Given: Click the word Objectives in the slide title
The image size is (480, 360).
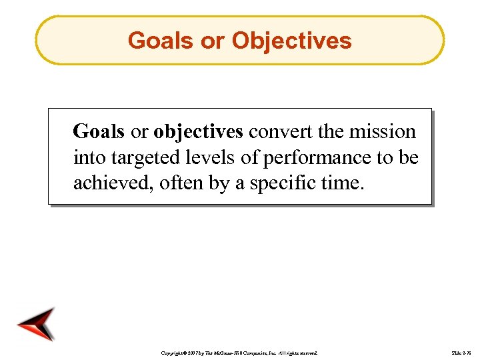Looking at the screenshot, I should click(291, 41).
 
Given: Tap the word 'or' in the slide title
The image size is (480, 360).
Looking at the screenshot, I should click(212, 41).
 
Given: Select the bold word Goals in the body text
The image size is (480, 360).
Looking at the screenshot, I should click(99, 131).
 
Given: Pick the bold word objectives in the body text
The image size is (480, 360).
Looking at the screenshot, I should click(198, 132).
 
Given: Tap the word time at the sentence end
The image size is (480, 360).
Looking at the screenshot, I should click(344, 183).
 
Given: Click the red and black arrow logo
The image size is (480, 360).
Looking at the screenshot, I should click(37, 324).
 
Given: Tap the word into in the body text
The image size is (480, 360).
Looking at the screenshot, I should click(87, 157).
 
